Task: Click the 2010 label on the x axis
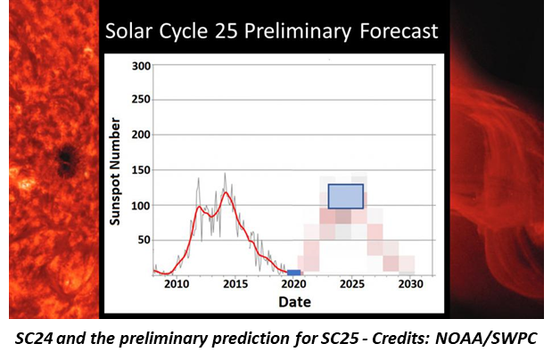coord(177,284)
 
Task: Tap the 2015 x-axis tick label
coord(235,284)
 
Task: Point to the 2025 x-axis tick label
coord(352,284)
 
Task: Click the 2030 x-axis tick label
coord(410,284)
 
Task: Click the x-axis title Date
coord(293,302)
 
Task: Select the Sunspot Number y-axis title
coord(115,170)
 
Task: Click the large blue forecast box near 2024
coord(346,196)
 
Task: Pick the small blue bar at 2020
coord(293,272)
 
